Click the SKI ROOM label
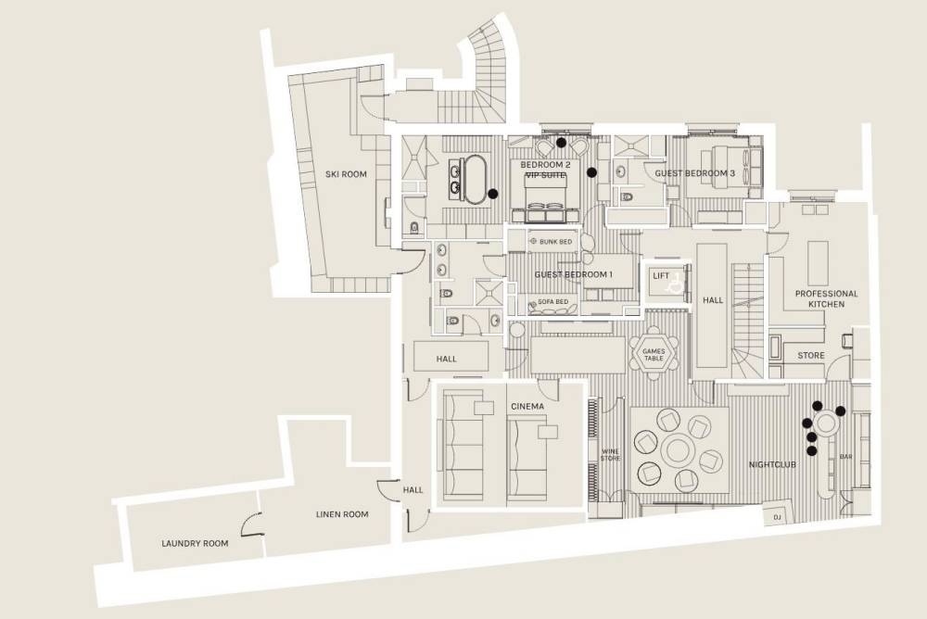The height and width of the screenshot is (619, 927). click(346, 174)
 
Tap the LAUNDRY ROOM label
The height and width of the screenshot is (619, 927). click(195, 543)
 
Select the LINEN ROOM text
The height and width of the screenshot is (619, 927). click(342, 514)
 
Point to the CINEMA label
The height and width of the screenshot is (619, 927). click(527, 407)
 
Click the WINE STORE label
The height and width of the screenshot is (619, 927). click(610, 455)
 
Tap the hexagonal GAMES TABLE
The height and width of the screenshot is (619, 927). click(654, 355)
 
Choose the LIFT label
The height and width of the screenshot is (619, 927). click(661, 276)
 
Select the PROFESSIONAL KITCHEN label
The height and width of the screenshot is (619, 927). click(826, 298)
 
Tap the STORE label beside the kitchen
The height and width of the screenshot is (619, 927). click(810, 355)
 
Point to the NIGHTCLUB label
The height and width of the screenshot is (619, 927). click(772, 464)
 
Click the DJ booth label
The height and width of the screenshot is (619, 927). click(776, 517)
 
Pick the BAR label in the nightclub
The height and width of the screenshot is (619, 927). click(846, 457)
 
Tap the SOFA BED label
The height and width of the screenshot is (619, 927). click(552, 302)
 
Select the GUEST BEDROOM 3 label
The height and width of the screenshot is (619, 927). click(694, 173)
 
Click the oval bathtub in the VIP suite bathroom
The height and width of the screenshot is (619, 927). click(475, 180)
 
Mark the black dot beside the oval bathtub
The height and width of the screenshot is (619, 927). click(492, 194)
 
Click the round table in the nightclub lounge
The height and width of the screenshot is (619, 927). click(679, 450)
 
